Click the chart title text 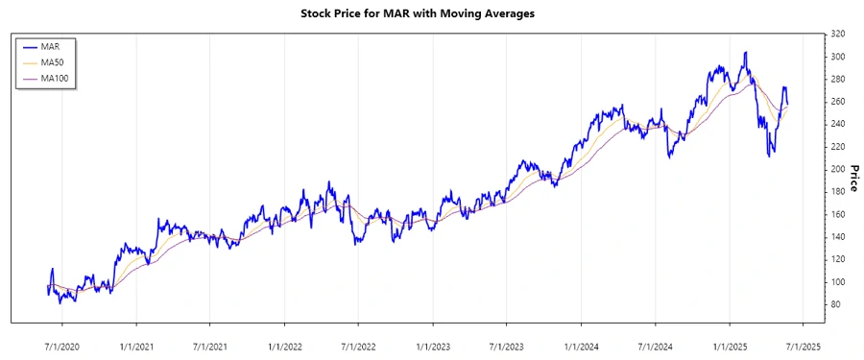[431, 13]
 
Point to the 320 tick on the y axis [837, 34]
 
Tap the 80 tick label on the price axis [835, 304]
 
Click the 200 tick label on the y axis [837, 169]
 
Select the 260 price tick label [837, 102]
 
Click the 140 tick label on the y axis [837, 237]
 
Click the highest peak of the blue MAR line [745, 53]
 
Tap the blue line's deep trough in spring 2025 [769, 155]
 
